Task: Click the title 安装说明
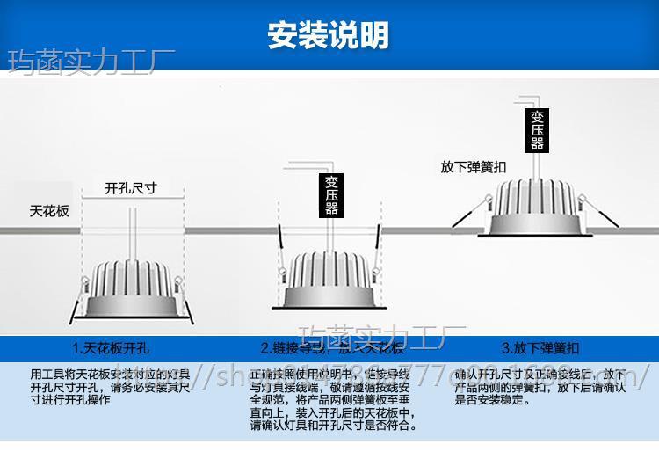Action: pyautogui.click(x=329, y=35)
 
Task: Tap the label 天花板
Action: pyautogui.click(x=49, y=211)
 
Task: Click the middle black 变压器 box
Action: pyautogui.click(x=331, y=195)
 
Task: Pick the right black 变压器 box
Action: pyautogui.click(x=537, y=130)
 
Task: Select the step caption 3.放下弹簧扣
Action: pyautogui.click(x=540, y=347)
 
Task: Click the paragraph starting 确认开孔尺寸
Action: pyautogui.click(x=540, y=387)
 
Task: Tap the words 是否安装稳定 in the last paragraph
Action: pyautogui.click(x=492, y=400)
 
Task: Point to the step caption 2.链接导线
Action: pyautogui.click(x=332, y=347)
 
